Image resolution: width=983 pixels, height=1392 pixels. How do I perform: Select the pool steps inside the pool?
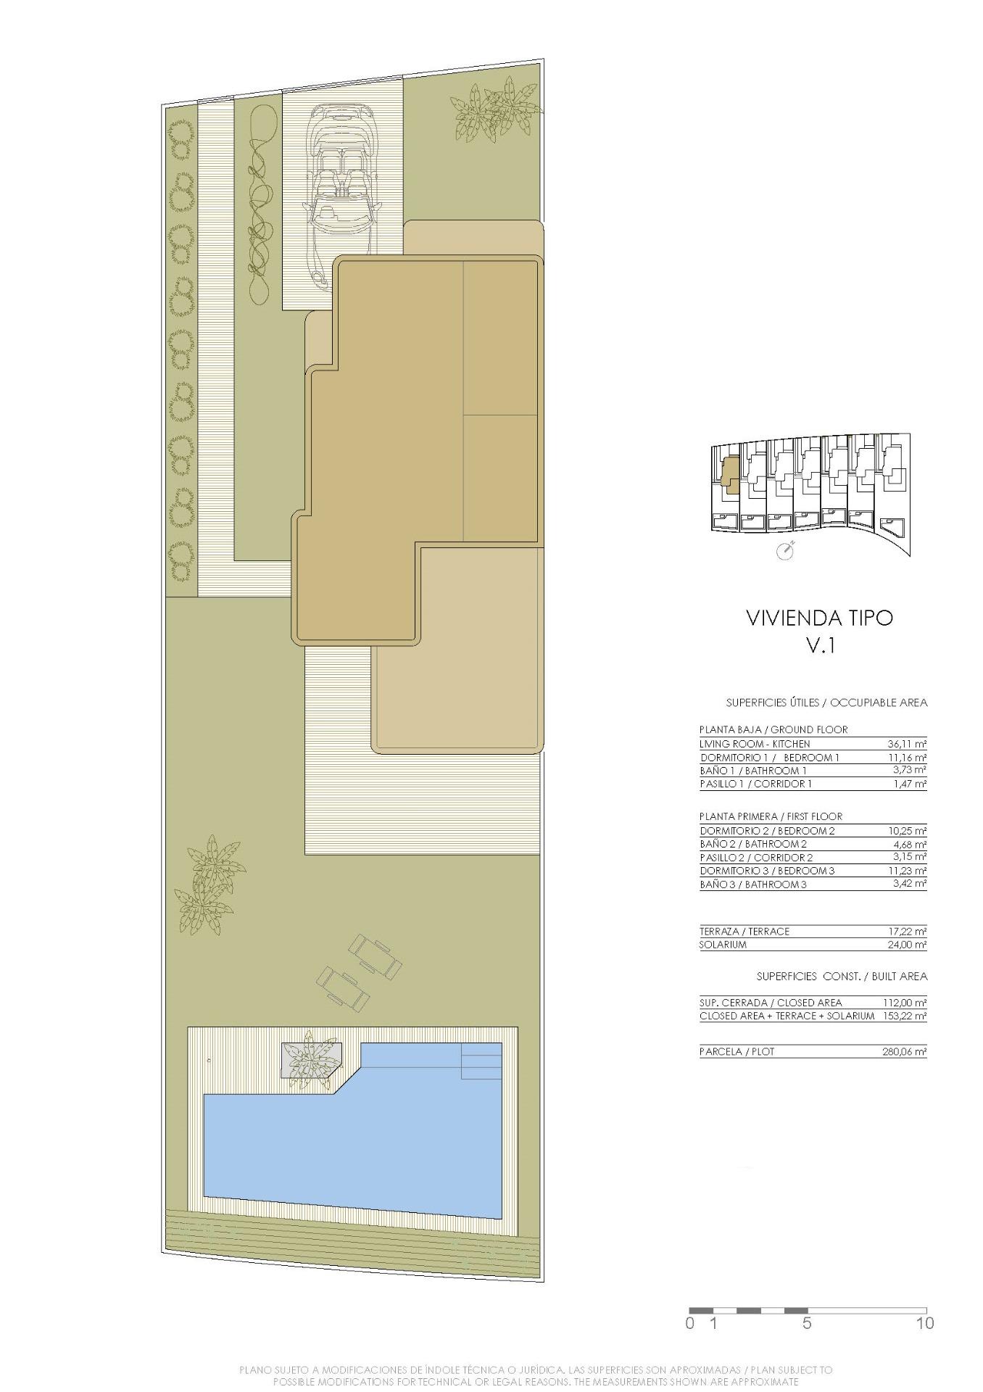coord(481,1061)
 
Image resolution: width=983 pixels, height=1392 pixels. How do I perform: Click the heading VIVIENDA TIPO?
coord(819,618)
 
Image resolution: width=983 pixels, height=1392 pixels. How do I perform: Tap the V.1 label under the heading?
coord(821,645)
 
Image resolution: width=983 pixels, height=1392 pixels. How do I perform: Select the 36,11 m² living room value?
coord(907,744)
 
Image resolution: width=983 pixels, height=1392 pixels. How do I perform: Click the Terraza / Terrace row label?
coord(744,932)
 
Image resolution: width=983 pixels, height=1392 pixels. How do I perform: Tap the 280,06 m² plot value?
coord(905,1051)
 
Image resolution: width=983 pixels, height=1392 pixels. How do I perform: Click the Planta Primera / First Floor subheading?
coord(771,816)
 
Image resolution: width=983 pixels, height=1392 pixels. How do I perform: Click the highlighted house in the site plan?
coord(731,476)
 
